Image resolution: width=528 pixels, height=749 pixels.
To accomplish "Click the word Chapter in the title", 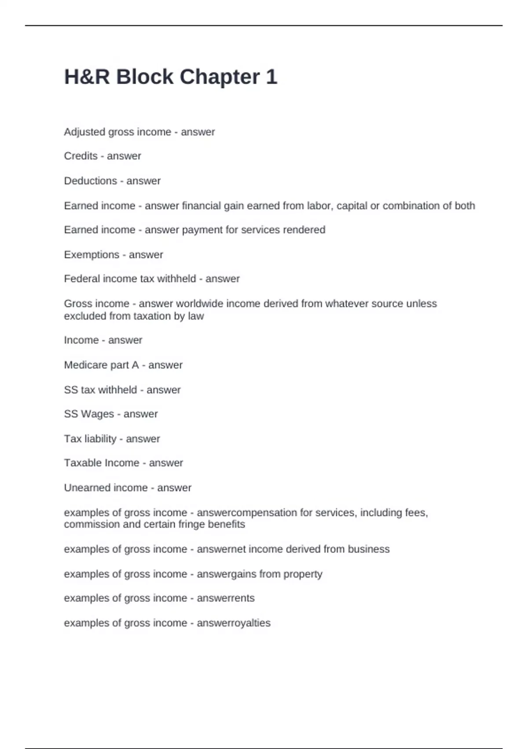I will coord(220,77).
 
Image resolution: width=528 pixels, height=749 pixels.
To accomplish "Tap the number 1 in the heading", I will coord(271,77).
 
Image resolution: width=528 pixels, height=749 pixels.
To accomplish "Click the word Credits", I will coord(81,156).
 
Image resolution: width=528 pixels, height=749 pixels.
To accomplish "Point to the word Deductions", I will coord(90,181).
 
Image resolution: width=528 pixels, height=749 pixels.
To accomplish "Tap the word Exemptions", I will coord(92,255).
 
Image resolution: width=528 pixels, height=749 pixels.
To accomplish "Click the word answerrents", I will coord(225,598).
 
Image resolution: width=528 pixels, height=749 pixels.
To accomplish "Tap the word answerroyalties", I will coord(233,623).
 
